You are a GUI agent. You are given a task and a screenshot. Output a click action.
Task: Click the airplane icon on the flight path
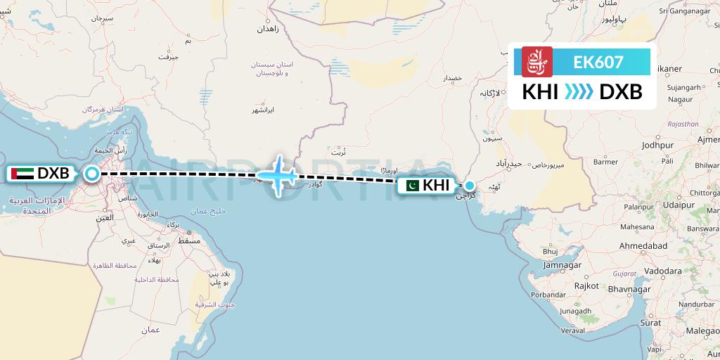pyautogui.click(x=279, y=174)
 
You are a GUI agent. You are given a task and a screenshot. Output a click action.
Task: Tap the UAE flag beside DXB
pyautogui.click(x=22, y=173)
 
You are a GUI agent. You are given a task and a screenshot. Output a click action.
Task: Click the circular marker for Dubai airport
pyautogui.click(x=92, y=173)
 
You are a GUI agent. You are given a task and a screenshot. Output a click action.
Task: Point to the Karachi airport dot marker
pyautogui.click(x=470, y=186)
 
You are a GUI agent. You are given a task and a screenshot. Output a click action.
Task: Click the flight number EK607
pyautogui.click(x=598, y=62)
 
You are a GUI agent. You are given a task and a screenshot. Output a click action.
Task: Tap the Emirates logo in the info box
pyautogui.click(x=537, y=62)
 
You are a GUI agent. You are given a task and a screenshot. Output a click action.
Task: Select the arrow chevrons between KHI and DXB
pyautogui.click(x=579, y=91)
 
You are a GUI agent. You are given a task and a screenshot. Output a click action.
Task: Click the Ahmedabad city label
pyautogui.click(x=645, y=246)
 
